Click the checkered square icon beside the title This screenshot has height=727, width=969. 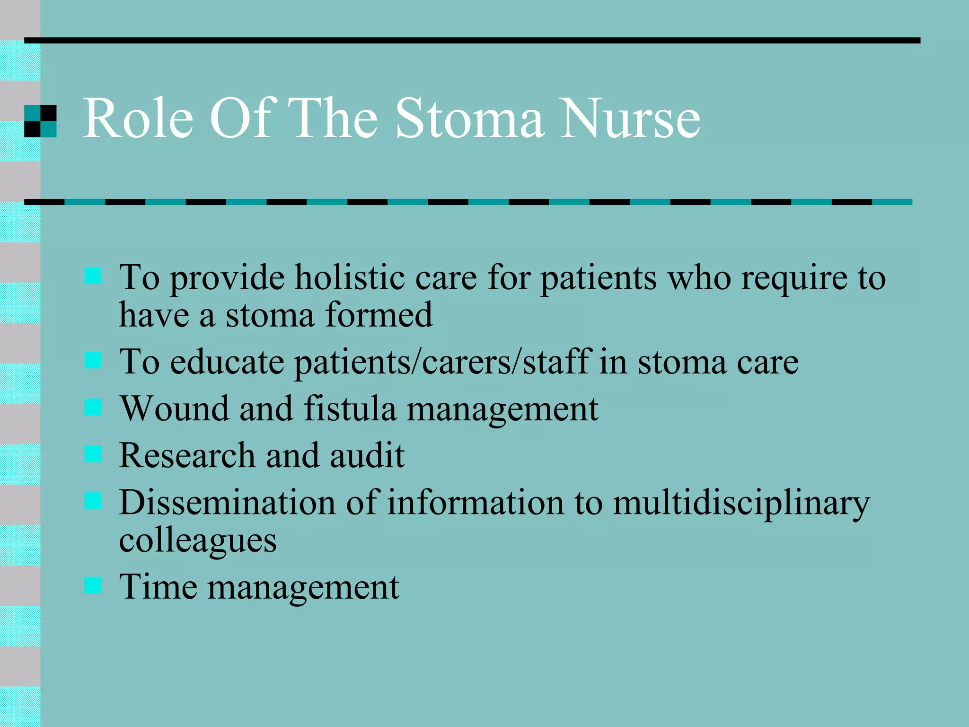click(x=40, y=121)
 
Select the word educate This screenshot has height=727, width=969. click(x=227, y=362)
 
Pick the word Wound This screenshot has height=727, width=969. click(x=174, y=408)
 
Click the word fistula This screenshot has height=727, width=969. click(x=350, y=408)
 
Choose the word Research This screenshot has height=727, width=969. click(x=187, y=455)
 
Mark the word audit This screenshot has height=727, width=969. click(x=367, y=455)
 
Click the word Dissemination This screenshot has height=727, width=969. click(x=227, y=502)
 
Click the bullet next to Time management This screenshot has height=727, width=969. click(x=93, y=585)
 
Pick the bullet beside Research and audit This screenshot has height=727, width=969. click(x=93, y=454)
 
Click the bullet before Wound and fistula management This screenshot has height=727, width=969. click(x=93, y=407)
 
